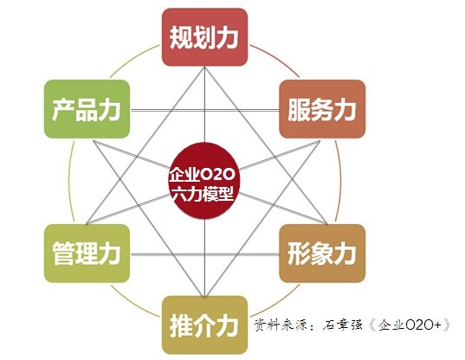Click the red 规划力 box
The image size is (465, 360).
tap(204, 37)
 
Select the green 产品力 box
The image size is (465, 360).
tap(87, 109)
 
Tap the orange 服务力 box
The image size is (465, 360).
tap(322, 109)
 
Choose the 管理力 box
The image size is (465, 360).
tap(87, 254)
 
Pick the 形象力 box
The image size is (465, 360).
tap(322, 254)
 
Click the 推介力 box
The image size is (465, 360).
tap(204, 325)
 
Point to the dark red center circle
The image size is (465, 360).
tap(204, 181)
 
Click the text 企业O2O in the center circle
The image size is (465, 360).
tap(202, 175)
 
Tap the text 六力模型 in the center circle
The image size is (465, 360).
tap(203, 195)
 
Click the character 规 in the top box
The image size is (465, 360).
tap(181, 37)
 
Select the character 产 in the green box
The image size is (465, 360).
tap(63, 110)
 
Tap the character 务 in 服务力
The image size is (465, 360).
tap(322, 110)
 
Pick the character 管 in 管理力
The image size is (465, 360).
tap(63, 254)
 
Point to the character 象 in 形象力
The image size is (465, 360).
tap(322, 254)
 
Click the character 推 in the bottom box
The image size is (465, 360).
tap(181, 325)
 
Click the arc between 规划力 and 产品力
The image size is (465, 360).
tap(132, 59)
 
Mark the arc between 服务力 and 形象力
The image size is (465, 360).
tap(340, 181)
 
